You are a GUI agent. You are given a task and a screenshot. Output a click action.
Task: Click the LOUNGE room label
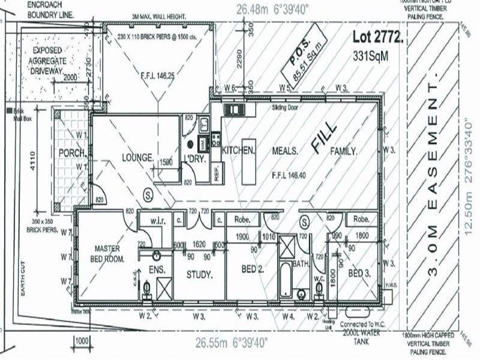click(137, 158)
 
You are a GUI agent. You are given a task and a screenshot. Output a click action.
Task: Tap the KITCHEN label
click(239, 149)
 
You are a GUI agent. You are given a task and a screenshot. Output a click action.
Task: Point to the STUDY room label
click(199, 275)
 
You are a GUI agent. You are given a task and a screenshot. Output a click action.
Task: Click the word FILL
click(325, 136)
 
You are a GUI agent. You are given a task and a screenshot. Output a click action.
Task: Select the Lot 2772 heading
click(377, 37)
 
